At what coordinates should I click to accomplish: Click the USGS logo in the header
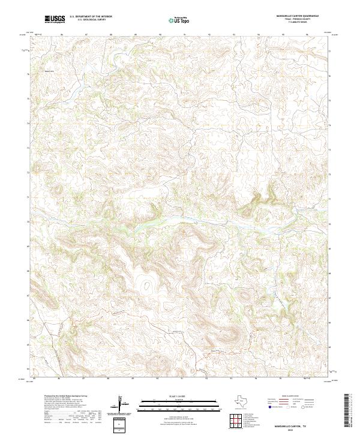tap(55, 20)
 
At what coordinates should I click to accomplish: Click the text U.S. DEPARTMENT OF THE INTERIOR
tap(91, 17)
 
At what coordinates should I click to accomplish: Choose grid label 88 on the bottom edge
tap(108, 379)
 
